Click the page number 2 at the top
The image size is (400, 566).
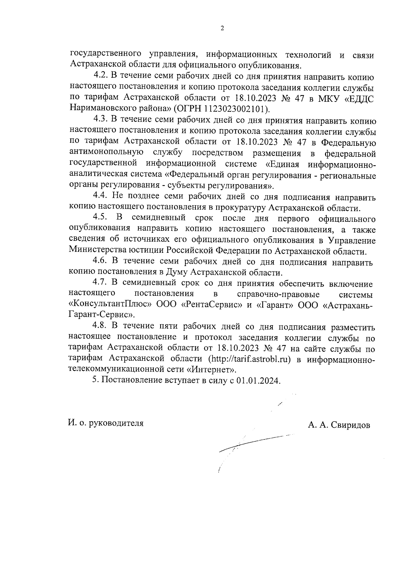click(222, 28)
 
